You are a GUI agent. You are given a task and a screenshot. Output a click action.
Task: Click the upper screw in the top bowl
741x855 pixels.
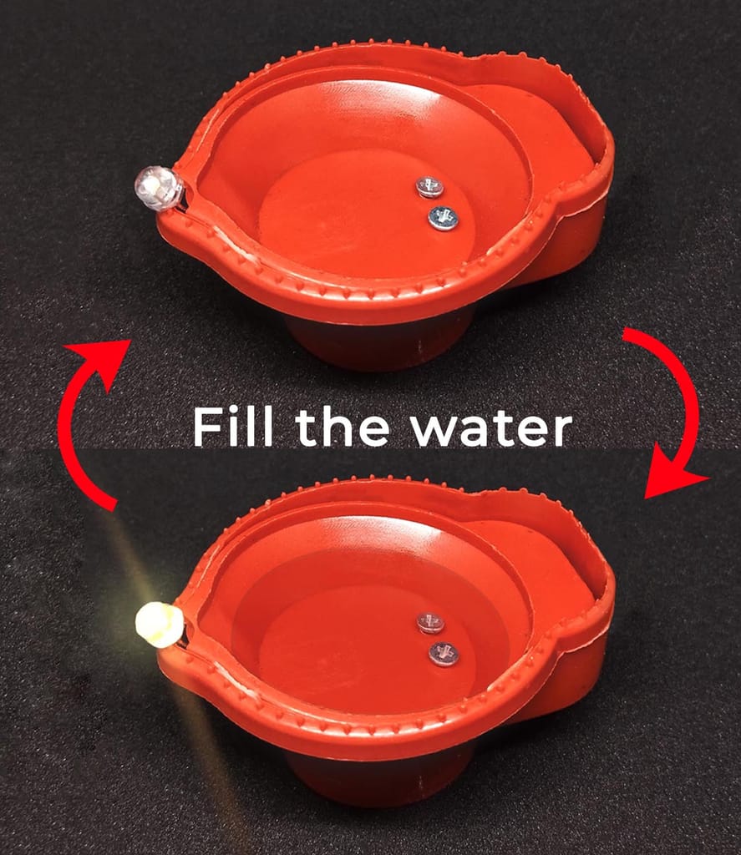pyautogui.click(x=429, y=187)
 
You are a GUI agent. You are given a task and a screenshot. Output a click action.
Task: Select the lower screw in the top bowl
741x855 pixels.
pyautogui.click(x=443, y=219)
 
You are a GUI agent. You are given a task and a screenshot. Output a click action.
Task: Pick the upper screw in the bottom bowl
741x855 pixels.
pyautogui.click(x=429, y=622)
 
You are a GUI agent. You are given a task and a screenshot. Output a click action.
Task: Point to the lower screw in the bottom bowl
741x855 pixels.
pyautogui.click(x=444, y=653)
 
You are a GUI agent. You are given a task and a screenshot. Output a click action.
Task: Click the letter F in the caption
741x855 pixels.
pyautogui.click(x=206, y=427)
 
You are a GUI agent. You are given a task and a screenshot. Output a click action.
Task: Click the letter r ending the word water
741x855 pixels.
pyautogui.click(x=561, y=431)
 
